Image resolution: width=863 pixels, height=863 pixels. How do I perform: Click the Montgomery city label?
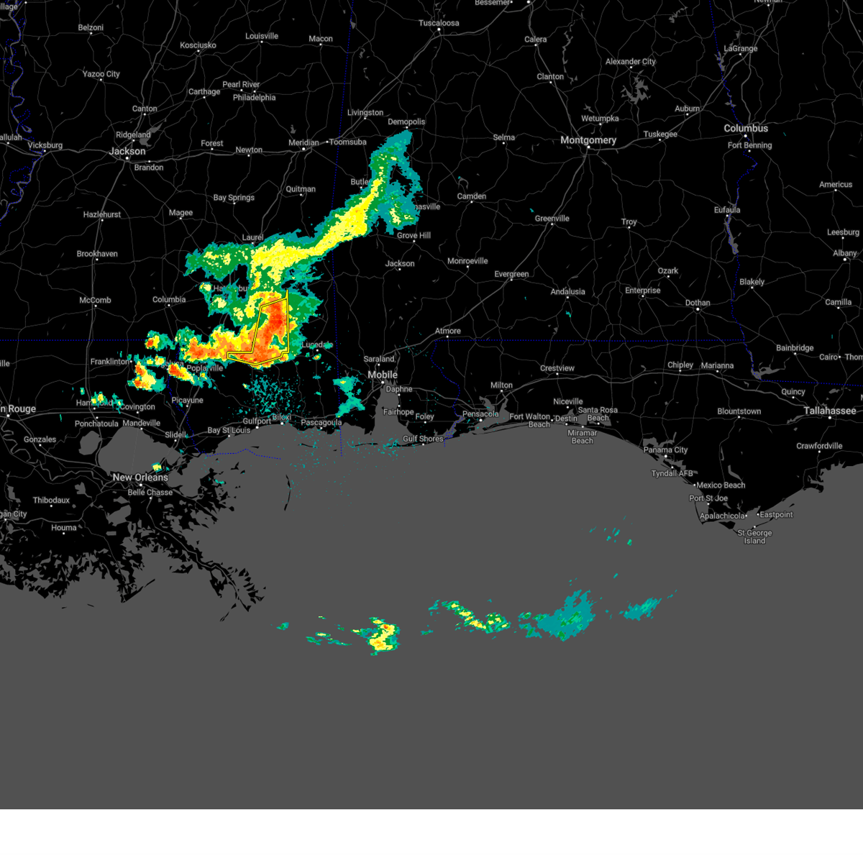point(588,140)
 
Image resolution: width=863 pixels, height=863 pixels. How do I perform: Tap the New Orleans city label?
point(140,478)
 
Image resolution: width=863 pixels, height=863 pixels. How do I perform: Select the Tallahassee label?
point(830,411)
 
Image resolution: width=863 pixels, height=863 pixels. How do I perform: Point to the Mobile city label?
point(383,375)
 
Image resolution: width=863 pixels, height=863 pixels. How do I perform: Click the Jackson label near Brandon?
point(127,151)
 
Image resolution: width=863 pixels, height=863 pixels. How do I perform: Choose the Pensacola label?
point(480,414)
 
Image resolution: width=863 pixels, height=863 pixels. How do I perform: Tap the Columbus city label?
point(746,128)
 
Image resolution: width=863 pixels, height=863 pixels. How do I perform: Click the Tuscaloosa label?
point(439,23)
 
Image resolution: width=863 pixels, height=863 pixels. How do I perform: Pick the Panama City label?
point(666,449)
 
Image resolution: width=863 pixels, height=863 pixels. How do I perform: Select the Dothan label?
point(697,303)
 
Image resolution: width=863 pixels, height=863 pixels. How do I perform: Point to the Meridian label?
point(303,142)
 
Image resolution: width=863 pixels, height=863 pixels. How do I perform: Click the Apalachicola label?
point(722,516)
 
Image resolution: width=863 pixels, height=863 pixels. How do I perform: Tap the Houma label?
point(63,527)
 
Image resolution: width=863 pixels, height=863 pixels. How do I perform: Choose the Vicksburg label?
point(45,145)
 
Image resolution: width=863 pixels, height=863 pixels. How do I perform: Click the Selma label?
point(503,137)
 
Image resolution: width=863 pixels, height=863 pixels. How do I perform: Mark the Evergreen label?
point(511,274)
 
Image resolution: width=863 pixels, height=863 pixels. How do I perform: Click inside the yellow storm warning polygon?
point(273,327)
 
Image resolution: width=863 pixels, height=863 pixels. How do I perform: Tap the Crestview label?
point(557,368)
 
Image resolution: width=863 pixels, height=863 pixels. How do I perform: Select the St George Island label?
point(754,536)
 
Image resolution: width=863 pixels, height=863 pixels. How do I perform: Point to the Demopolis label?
point(406,122)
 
